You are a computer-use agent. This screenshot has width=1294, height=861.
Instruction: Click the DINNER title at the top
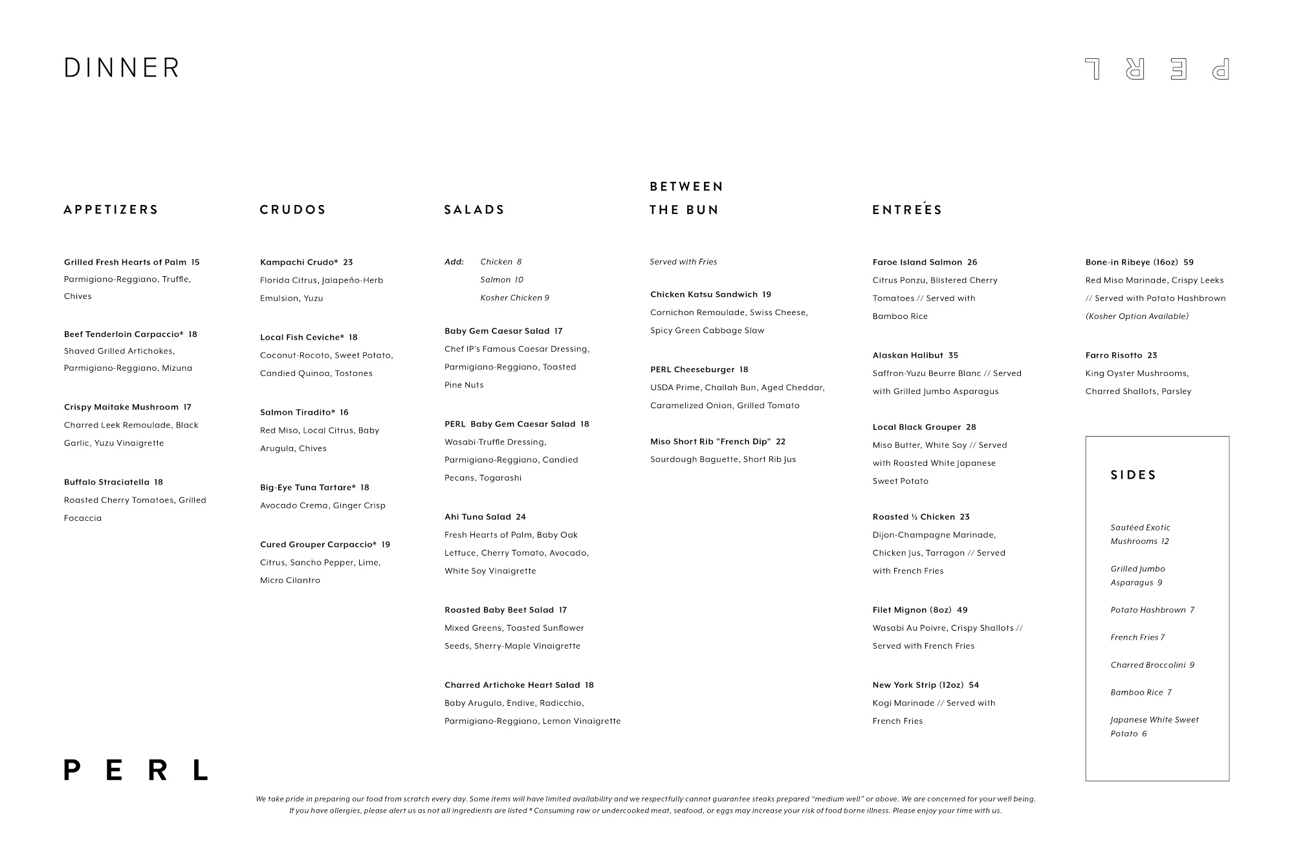[x=122, y=68]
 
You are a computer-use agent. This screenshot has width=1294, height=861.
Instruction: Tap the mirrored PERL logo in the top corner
[x=1157, y=69]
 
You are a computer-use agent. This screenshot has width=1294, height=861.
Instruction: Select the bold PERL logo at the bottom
[x=136, y=770]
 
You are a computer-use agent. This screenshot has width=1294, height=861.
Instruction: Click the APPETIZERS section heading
[x=111, y=210]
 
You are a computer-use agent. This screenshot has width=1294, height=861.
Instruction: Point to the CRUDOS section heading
[x=293, y=210]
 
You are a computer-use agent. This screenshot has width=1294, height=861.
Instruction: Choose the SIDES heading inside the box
[x=1134, y=475]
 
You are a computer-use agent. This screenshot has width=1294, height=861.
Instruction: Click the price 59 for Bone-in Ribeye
[x=1189, y=262]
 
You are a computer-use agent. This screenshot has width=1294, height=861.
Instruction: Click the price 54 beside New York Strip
[x=974, y=685]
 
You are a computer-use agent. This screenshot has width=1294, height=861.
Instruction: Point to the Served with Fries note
[x=683, y=262]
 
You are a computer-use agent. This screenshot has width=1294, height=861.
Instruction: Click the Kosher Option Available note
[x=1137, y=316]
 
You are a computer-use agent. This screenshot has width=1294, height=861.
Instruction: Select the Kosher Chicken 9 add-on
[x=514, y=298]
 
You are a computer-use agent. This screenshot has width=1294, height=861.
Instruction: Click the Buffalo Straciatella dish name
[x=107, y=482]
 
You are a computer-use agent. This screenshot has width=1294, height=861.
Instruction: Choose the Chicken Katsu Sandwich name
[x=704, y=294]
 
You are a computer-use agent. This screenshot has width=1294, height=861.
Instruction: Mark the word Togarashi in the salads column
[x=500, y=478]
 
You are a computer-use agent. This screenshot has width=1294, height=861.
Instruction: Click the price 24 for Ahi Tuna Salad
[x=521, y=517]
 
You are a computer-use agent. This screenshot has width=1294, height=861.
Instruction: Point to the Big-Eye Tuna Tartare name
[x=308, y=488]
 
